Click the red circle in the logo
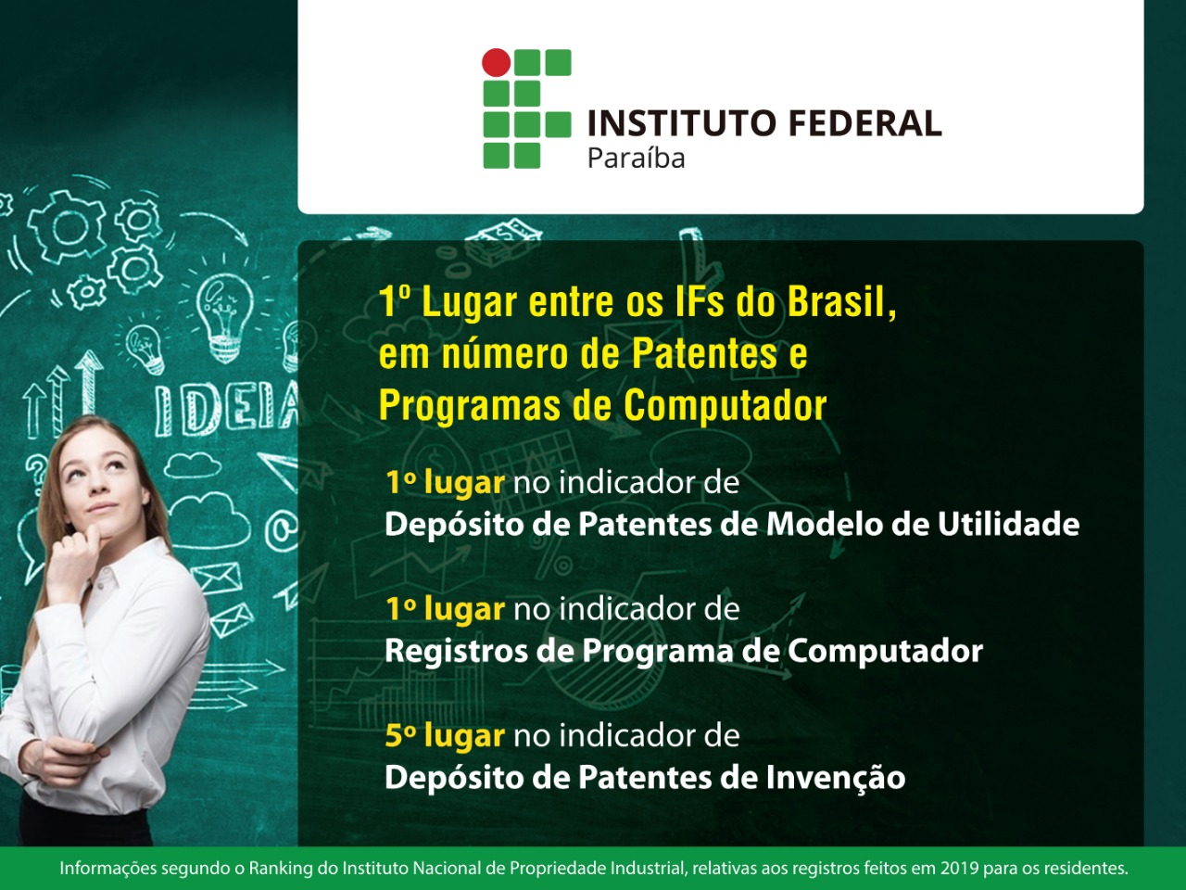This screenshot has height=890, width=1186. (497, 62)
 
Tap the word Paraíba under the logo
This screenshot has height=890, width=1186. (636, 159)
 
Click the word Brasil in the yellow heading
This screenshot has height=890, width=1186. (841, 302)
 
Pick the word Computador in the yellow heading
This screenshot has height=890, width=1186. (725, 406)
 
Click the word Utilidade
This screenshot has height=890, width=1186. (1008, 525)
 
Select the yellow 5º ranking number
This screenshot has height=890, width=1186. (400, 736)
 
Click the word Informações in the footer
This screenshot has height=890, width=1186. (107, 869)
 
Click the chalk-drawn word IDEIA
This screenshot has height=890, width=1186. (227, 407)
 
